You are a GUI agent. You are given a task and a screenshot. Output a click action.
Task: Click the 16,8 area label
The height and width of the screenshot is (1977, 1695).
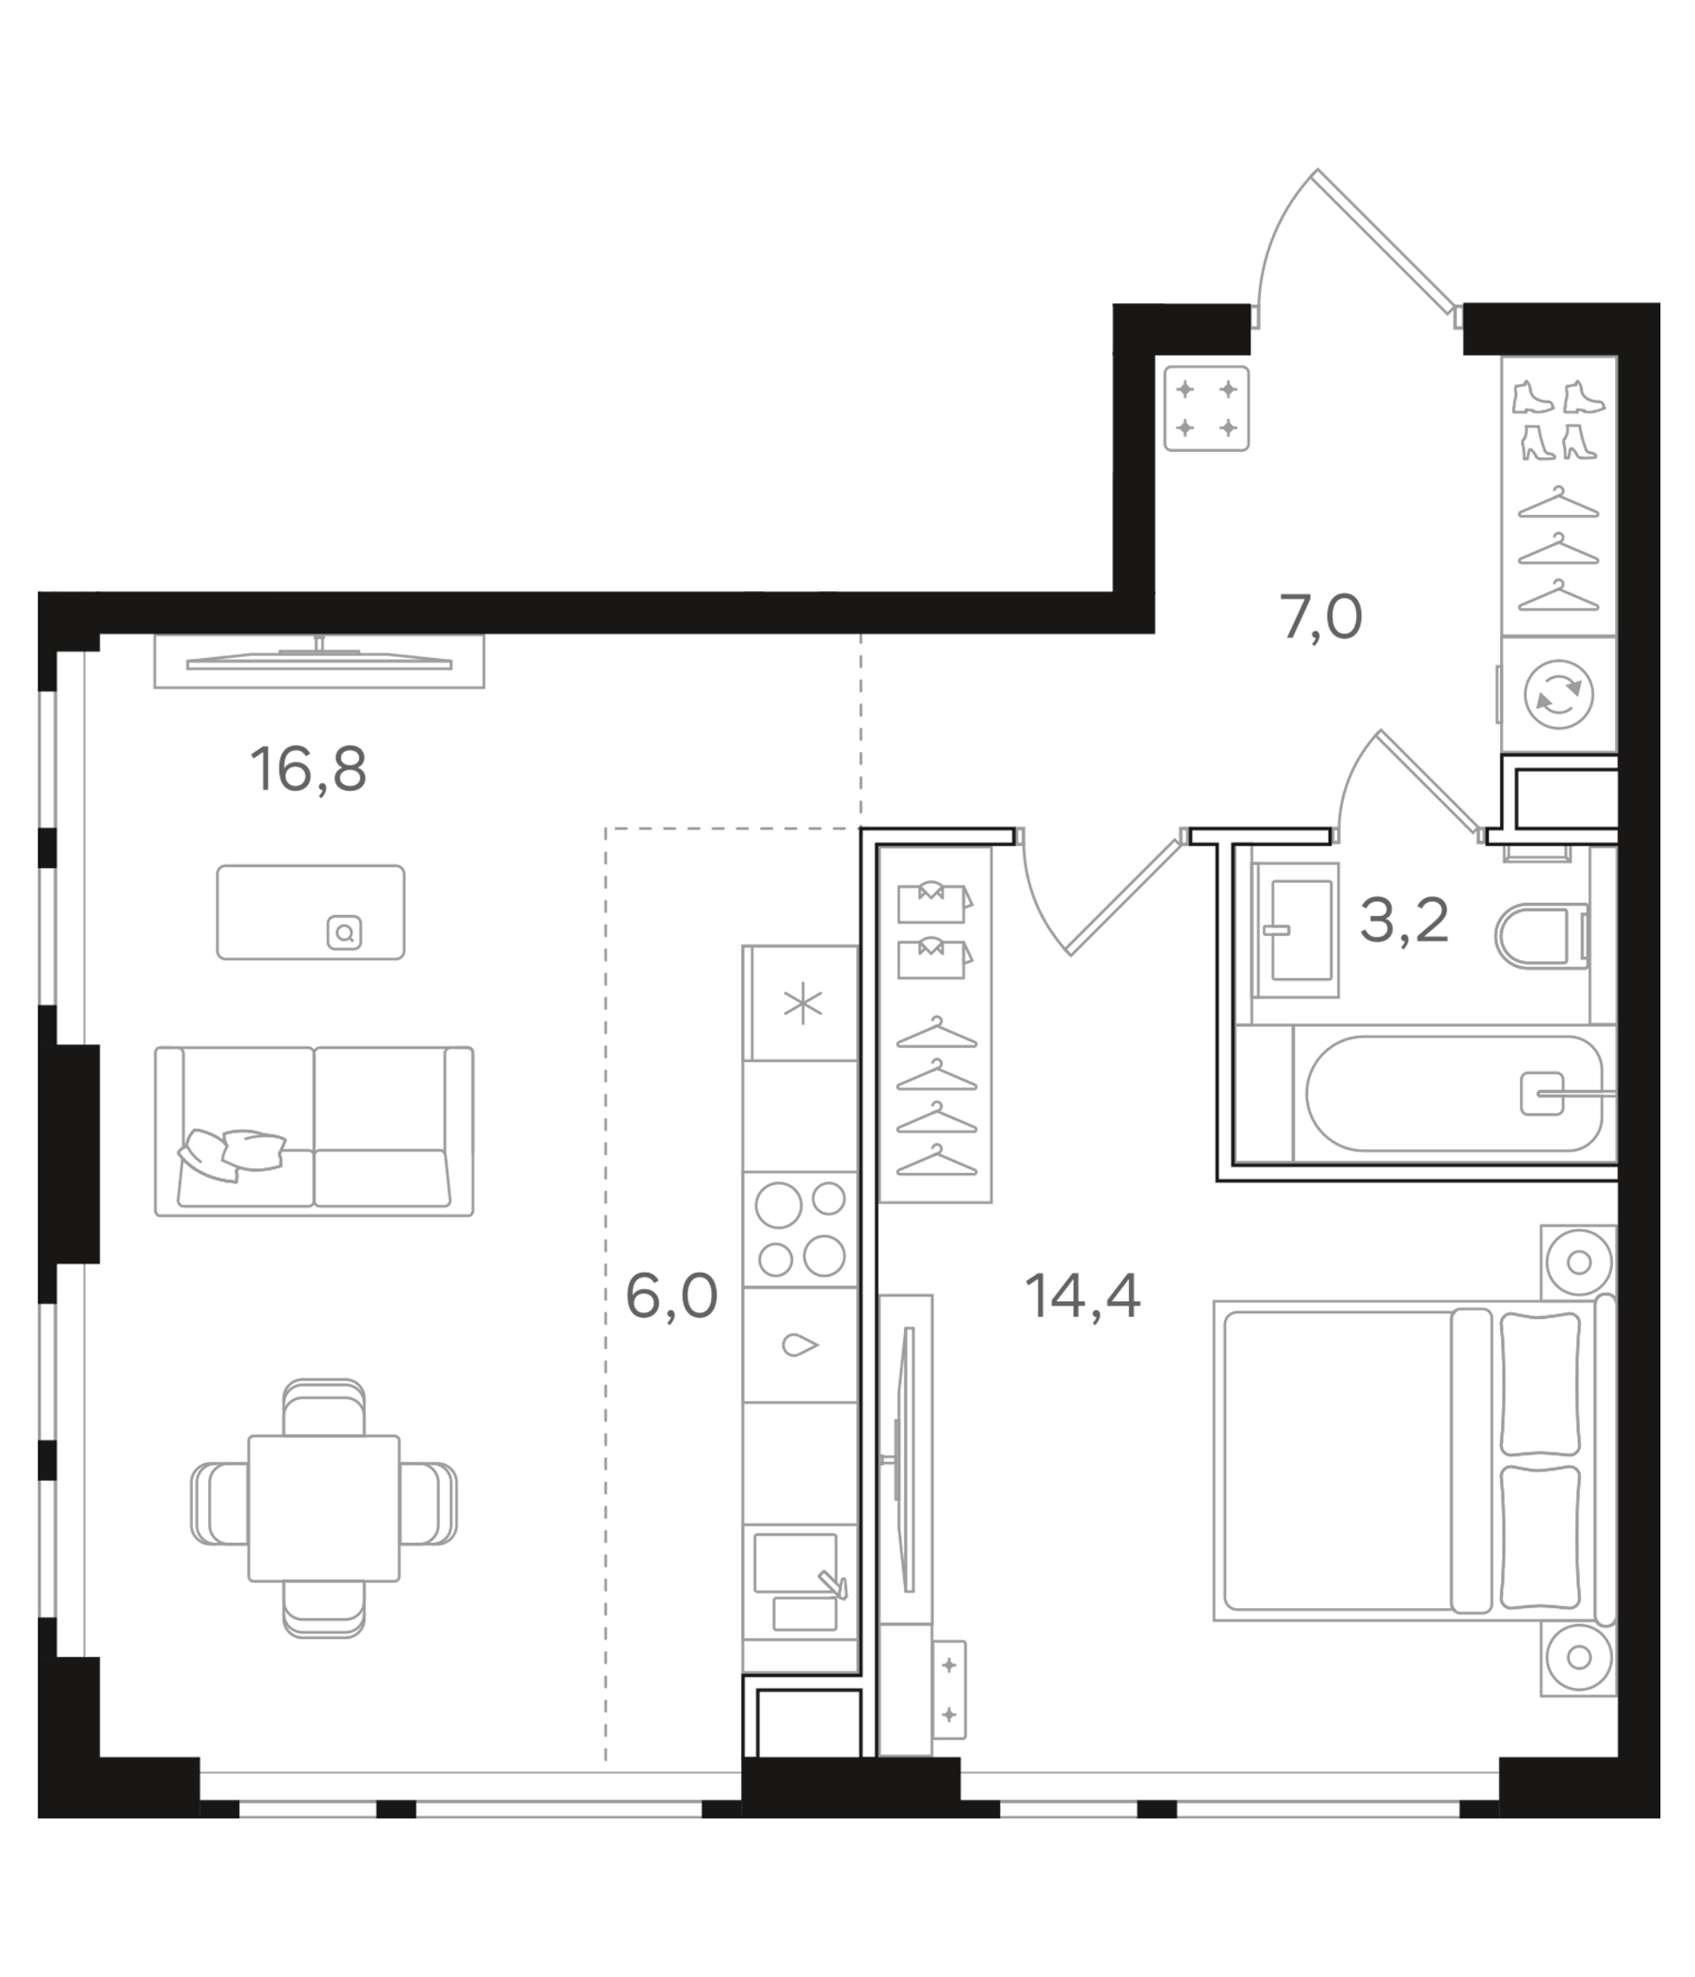(307, 770)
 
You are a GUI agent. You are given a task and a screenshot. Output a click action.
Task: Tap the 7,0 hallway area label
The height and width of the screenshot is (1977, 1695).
(1320, 618)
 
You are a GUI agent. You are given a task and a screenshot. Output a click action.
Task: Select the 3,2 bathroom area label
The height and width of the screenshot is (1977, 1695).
(1403, 922)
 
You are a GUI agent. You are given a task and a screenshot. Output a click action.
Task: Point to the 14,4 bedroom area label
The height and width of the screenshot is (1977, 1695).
(1081, 1296)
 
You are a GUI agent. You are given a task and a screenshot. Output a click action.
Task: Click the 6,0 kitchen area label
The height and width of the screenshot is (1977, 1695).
(670, 1296)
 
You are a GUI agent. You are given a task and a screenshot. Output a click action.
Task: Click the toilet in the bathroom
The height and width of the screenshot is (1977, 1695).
(1539, 936)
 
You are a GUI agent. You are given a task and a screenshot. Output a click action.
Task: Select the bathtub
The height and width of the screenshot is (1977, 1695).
(1453, 1093)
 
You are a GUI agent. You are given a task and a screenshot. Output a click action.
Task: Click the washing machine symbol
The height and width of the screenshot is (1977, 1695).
(1558, 694)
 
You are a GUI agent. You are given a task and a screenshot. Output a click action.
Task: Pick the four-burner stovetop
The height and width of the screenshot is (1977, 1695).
(799, 1229)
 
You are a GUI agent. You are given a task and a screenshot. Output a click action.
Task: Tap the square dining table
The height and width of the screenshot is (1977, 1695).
(324, 1507)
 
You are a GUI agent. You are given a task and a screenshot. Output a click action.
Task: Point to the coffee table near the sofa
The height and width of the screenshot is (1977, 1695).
(310, 912)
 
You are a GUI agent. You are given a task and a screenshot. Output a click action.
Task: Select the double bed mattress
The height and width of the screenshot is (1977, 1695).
(1336, 1461)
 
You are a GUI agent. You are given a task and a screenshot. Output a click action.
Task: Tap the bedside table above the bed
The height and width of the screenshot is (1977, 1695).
(1577, 1262)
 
